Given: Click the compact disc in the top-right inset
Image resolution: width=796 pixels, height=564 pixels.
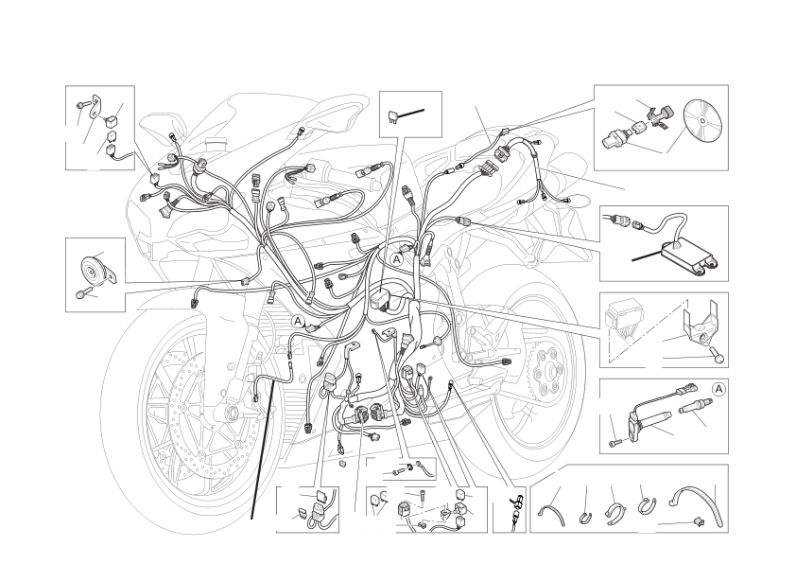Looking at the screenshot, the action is tap(702, 120).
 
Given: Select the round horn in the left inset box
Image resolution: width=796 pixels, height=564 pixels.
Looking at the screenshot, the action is tap(91, 270).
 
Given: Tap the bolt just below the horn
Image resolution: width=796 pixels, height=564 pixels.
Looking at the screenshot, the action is tap(81, 293).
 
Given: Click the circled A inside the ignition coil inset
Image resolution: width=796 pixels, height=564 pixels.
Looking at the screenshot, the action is tap(718, 389).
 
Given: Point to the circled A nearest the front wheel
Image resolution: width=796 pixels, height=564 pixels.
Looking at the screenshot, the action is tap(298, 321).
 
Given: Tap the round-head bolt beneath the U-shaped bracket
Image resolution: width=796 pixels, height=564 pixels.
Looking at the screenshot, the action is tap(718, 357).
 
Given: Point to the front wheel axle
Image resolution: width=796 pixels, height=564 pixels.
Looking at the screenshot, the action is tap(233, 411).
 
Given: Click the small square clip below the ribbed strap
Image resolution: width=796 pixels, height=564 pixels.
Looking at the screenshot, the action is tap(698, 520).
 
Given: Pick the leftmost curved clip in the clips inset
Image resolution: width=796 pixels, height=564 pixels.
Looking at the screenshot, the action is tap(552, 514).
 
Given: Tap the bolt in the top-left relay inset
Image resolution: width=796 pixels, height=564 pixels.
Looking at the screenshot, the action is tap(83, 105).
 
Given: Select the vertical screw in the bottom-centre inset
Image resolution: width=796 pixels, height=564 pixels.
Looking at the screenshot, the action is tap(423, 497).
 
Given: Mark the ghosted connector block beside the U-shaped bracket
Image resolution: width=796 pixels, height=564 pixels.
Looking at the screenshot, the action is tap(622, 319).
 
